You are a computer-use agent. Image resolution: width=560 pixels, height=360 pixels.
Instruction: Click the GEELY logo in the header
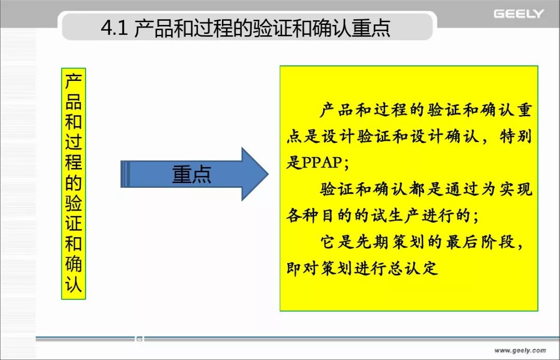(x=519, y=14)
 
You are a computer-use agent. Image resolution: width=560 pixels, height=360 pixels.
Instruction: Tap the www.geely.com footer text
(x=520, y=350)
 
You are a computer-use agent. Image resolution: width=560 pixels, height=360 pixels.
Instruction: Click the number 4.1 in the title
(x=114, y=28)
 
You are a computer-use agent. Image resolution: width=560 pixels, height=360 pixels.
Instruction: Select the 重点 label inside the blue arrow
(x=191, y=174)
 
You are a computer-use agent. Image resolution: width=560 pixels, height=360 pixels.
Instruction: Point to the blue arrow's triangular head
(x=254, y=174)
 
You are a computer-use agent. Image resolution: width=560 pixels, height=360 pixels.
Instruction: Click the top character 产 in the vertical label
(x=74, y=81)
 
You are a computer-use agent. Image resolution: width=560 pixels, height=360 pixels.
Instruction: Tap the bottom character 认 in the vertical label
(x=74, y=284)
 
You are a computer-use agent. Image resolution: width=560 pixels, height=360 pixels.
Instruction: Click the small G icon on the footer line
(x=139, y=339)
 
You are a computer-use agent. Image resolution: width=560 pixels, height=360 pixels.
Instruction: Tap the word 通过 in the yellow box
(x=462, y=189)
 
